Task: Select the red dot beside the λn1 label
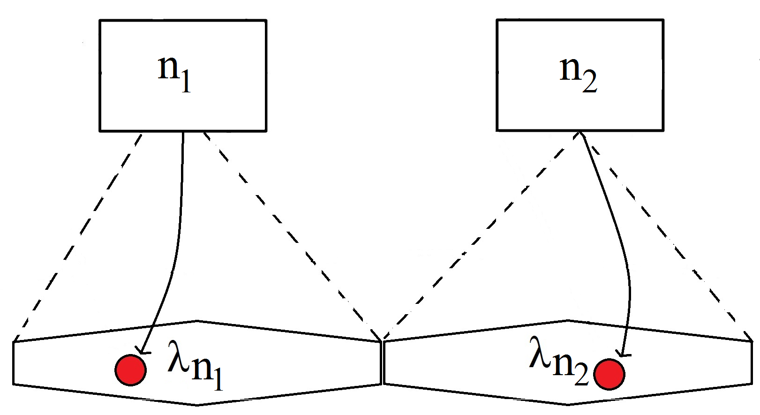[131, 370]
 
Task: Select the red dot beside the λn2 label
[609, 374]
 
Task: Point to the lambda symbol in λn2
[539, 354]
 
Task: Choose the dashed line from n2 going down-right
[666, 234]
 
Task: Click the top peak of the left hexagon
[197, 322]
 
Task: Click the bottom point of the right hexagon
[568, 404]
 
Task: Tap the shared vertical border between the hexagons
[383, 363]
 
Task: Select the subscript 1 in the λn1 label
[217, 378]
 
